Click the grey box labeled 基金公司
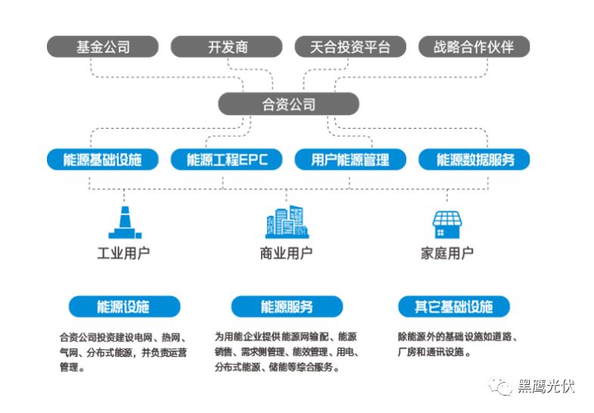click(x=103, y=46)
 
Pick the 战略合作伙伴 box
click(x=474, y=46)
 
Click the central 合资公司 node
click(x=288, y=104)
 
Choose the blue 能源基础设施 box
click(x=103, y=159)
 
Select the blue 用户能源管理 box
click(x=350, y=159)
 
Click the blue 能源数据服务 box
click(x=474, y=159)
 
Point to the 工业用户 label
click(x=123, y=253)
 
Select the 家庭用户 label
click(x=447, y=253)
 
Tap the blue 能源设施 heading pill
click(x=124, y=306)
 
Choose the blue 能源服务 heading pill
click(x=287, y=306)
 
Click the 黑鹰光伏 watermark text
click(x=546, y=386)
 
